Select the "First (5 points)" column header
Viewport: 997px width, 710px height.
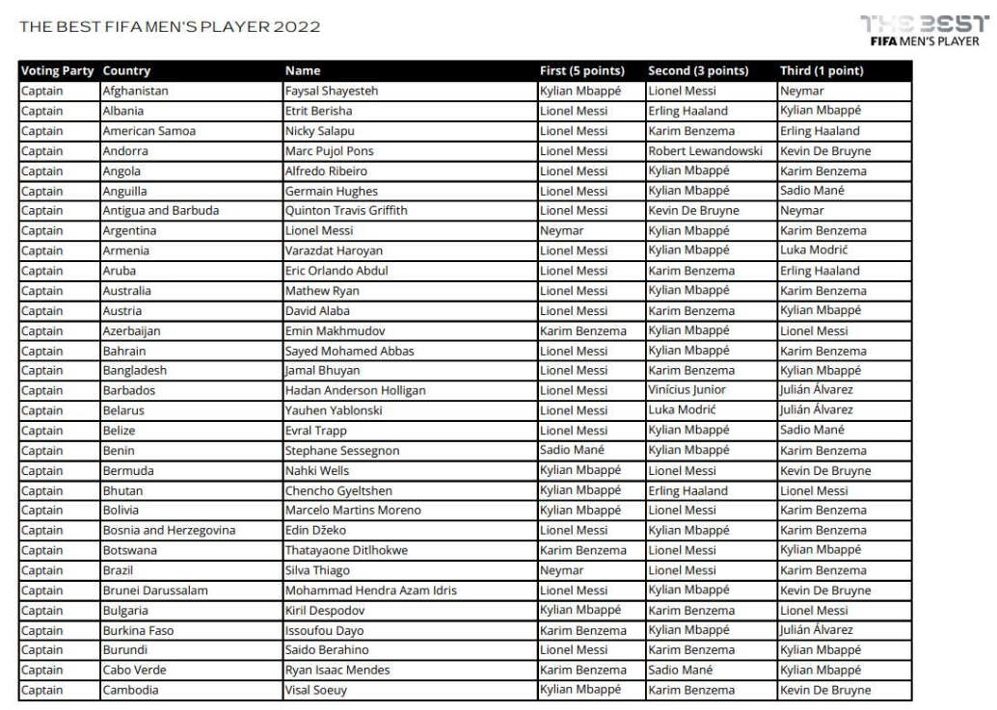[x=582, y=71]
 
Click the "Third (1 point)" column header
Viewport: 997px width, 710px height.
[x=821, y=71]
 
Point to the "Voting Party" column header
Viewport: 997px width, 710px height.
[x=57, y=71]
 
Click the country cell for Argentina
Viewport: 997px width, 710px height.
[x=132, y=230]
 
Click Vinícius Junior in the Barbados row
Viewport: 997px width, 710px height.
[x=686, y=391]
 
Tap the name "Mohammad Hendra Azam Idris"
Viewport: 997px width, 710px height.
[x=371, y=590]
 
